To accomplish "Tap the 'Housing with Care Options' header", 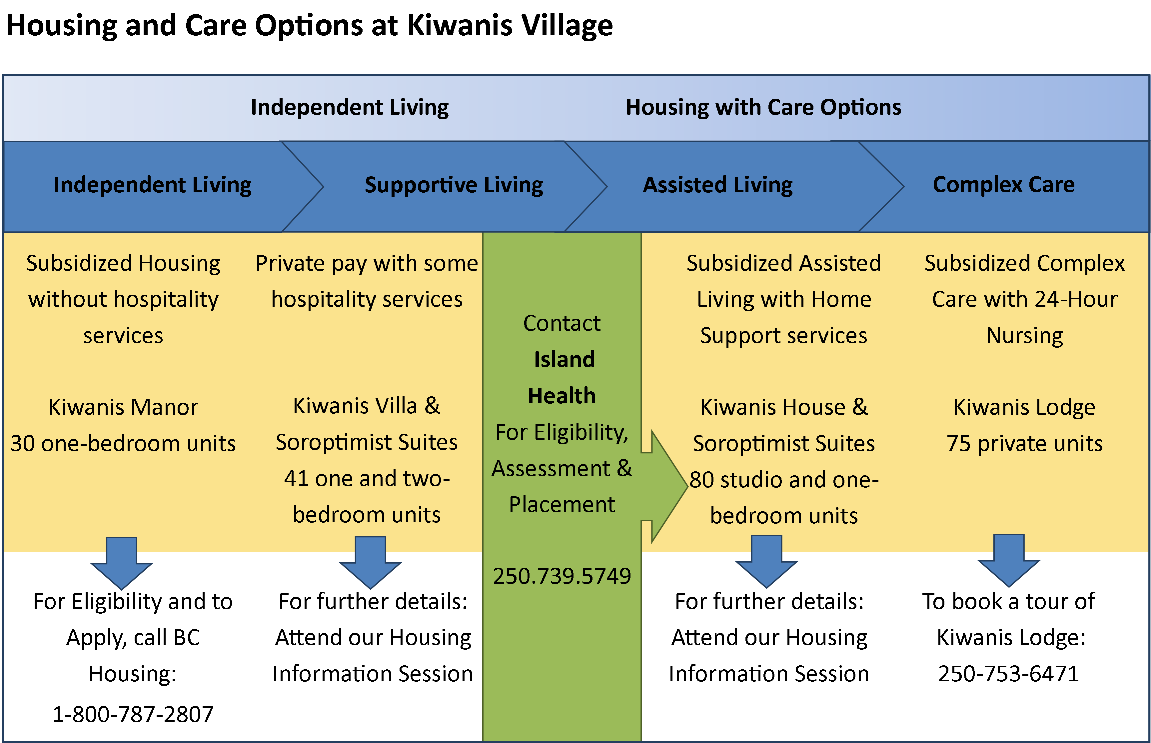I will click(x=763, y=107).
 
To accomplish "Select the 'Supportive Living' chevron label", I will click(x=453, y=185).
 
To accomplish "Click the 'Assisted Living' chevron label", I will click(x=717, y=185).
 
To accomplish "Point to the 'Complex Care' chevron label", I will click(x=1003, y=184).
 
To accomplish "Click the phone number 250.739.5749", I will click(x=562, y=576).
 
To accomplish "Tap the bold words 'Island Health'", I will click(x=563, y=377).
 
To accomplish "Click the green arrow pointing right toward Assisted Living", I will click(x=668, y=486).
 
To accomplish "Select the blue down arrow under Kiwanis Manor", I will click(x=122, y=564).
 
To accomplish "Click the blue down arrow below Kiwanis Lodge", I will click(x=1009, y=561).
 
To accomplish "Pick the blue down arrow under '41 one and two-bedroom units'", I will click(x=370, y=563).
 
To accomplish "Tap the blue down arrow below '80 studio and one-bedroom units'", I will click(x=766, y=562).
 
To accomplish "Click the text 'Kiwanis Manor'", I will click(x=123, y=407).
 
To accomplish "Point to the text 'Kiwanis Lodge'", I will click(x=1024, y=407).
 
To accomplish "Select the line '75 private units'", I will click(x=1024, y=443).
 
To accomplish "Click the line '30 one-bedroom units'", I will click(x=123, y=443).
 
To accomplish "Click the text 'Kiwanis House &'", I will click(x=783, y=407).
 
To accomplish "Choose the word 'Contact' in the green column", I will click(x=562, y=323).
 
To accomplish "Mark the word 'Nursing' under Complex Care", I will click(x=1024, y=335).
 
